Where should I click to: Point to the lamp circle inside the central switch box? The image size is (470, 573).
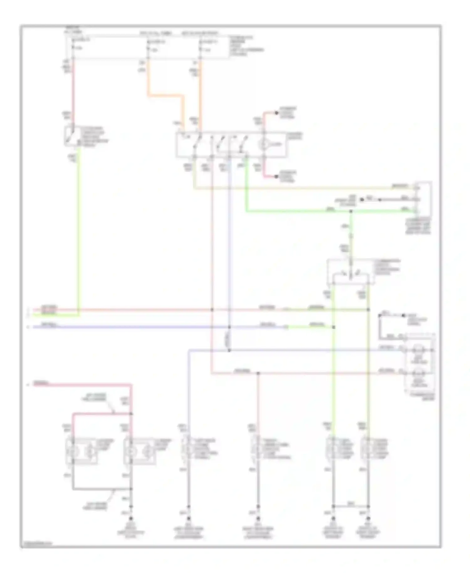point(263,145)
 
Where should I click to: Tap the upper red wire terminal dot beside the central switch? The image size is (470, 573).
point(276,113)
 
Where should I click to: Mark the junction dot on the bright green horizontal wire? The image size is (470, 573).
point(351,212)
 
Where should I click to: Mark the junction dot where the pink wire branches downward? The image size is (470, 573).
point(258,373)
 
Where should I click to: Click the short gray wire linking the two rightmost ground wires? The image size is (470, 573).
point(351,506)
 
